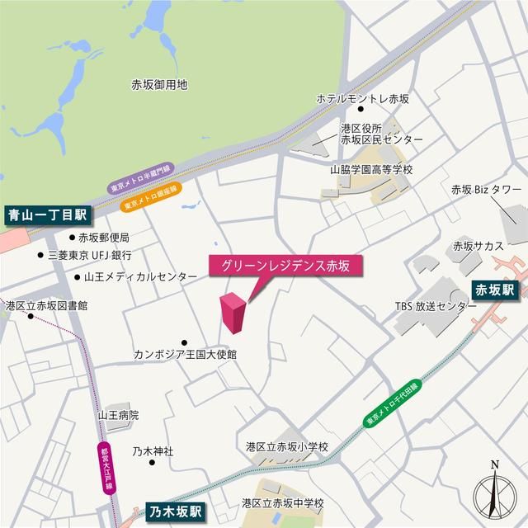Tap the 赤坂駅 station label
tap(493, 289)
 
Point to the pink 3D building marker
tap(233, 313)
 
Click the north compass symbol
tap(494, 493)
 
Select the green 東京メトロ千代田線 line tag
tap(392, 404)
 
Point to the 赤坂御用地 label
tap(159, 84)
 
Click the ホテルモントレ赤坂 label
tap(363, 99)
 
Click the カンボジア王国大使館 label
tap(186, 354)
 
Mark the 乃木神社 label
tap(153, 451)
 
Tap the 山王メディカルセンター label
tap(137, 277)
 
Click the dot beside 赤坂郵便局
tap(72, 237)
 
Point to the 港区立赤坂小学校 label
tap(286, 446)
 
